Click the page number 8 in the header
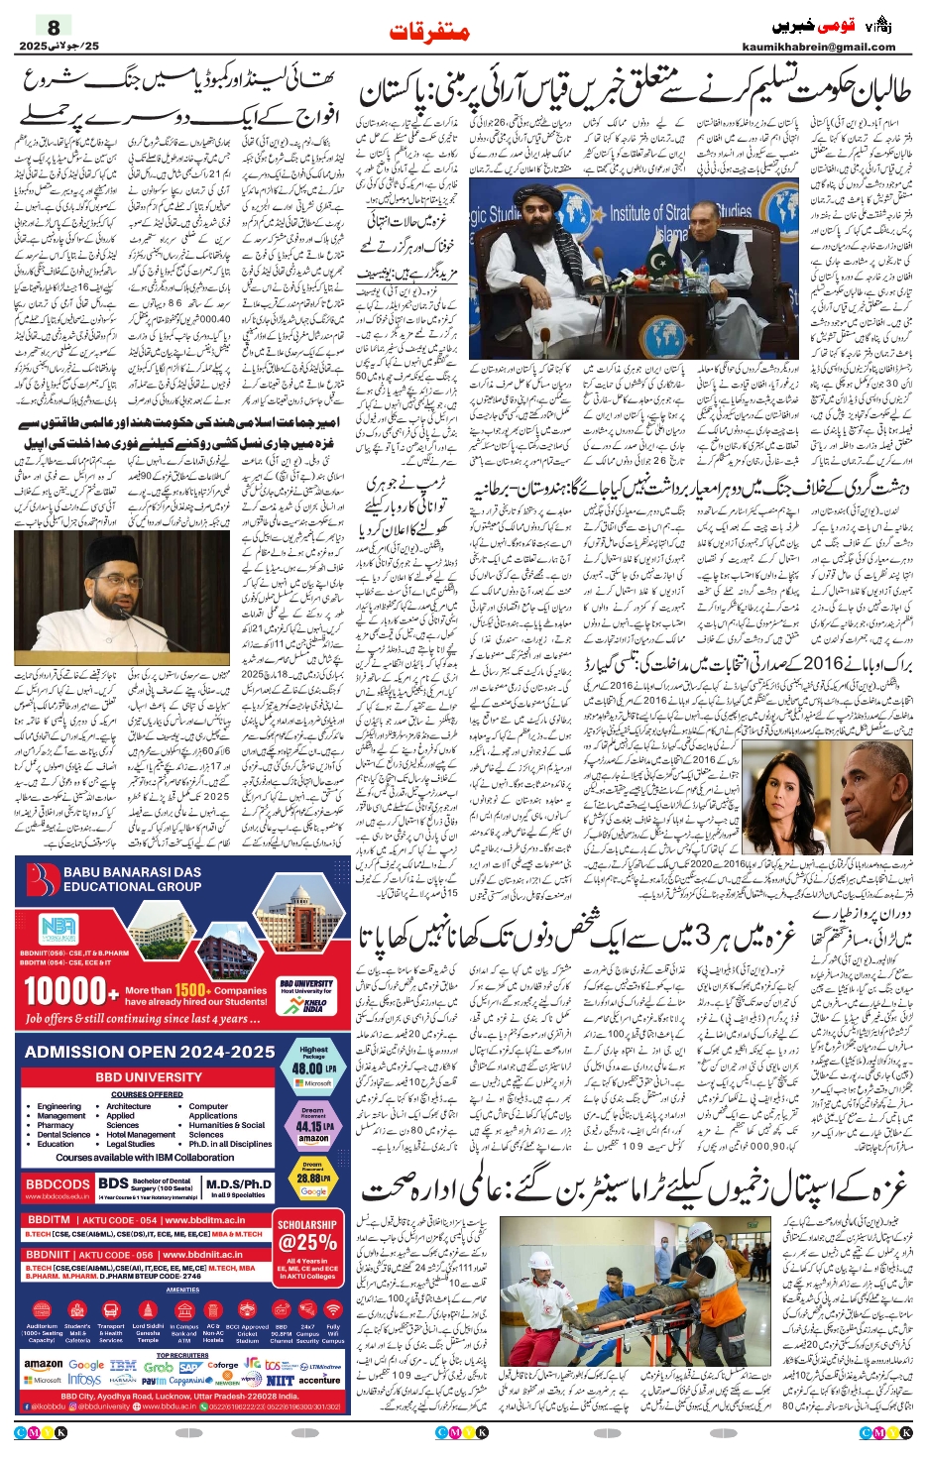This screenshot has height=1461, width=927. pos(54,27)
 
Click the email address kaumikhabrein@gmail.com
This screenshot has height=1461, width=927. pos(818,47)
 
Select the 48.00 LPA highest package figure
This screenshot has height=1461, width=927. pos(313,1068)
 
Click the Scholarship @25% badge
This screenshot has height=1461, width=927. pos(307,1236)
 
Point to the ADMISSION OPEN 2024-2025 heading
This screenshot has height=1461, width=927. pos(150,1052)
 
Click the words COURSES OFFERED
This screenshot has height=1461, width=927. pos(147,1094)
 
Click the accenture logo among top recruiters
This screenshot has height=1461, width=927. pos(319,1379)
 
